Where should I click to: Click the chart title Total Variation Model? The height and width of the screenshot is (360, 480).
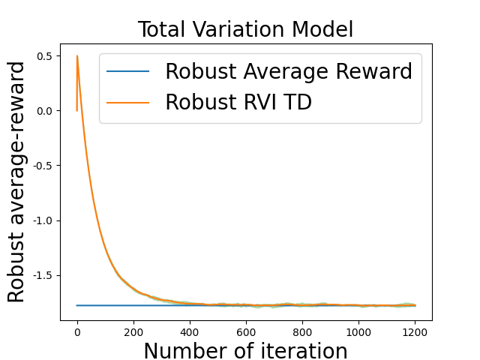coord(245,29)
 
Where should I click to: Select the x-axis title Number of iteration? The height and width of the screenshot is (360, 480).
coord(245,351)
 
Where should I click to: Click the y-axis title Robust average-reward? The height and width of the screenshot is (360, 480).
coord(16,182)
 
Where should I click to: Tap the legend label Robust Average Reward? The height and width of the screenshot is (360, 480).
coord(289,72)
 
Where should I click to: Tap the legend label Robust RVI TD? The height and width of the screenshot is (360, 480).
coord(238,103)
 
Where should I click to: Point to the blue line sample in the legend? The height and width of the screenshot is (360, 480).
coord(128,72)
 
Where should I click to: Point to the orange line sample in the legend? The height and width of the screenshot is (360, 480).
coord(128,103)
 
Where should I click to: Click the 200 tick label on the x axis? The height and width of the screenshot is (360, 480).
coord(133,331)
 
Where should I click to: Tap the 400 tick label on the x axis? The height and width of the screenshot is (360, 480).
coord(190,331)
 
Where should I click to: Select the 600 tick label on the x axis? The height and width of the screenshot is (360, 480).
coord(246,331)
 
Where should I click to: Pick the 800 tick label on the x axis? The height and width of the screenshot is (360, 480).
coord(302,331)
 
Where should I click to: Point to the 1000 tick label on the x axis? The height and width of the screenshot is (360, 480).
coord(358,331)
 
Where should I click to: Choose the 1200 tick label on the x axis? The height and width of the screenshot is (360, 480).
coord(415,331)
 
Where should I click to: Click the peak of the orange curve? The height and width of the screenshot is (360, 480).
coord(77,55)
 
